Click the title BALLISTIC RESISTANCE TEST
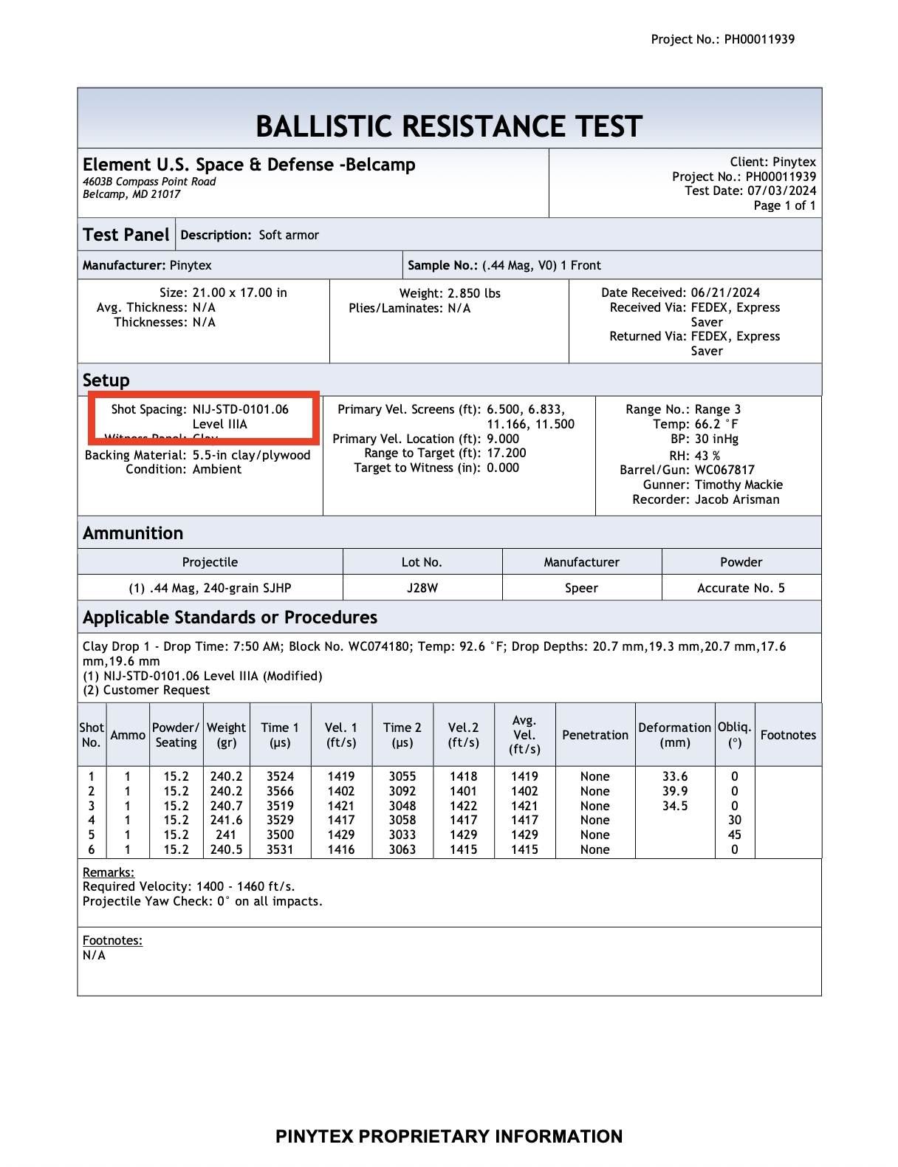[x=449, y=126]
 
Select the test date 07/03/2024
[x=781, y=191]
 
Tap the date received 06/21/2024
[x=725, y=292]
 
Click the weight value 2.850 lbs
[x=473, y=293]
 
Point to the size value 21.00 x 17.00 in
[x=239, y=292]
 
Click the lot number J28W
[x=422, y=588]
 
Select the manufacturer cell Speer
[x=581, y=588]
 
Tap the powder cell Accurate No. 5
[x=741, y=588]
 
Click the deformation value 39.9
[x=674, y=791]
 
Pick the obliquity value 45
[x=734, y=835]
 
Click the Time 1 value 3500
[x=280, y=835]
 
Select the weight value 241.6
[x=226, y=820]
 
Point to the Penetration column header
[x=595, y=735]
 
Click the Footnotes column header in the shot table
[x=788, y=735]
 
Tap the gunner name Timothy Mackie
[x=738, y=485]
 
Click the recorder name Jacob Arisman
[x=736, y=499]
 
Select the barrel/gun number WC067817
[x=724, y=470]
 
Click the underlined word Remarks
[x=108, y=872]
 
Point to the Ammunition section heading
[x=133, y=533]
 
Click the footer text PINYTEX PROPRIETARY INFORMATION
[x=449, y=1136]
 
